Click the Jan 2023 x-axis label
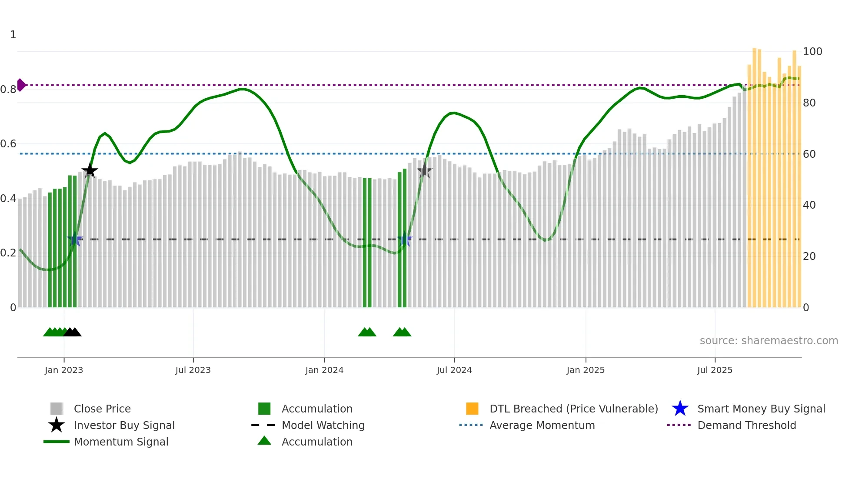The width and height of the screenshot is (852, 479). pos(63,370)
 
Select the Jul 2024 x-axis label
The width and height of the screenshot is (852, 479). pos(454,370)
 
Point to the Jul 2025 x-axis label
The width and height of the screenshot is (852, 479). pos(715,370)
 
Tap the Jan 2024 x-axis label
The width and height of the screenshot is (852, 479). pos(324,370)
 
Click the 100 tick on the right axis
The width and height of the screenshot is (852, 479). pos(812,52)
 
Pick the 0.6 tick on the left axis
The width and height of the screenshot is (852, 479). pos(8,144)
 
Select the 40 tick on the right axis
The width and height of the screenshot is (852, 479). pos(809,205)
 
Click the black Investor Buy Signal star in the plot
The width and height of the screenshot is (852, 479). pos(90,170)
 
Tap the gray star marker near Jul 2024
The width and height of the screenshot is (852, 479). pos(424,171)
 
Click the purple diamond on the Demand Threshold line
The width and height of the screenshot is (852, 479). pos(21,85)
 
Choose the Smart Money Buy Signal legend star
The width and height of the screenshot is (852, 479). pos(680,409)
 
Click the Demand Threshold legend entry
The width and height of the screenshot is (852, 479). pos(746,425)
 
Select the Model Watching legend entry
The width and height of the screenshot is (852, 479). pos(323,425)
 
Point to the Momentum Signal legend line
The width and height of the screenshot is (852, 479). pos(57,442)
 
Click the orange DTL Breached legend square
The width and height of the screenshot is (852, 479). pos(472,409)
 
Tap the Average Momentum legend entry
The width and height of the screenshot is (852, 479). pos(542,425)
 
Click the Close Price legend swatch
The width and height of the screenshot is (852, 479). pos(57,409)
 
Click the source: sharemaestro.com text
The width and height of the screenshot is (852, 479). pos(769,341)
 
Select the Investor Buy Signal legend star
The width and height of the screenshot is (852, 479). pos(57,425)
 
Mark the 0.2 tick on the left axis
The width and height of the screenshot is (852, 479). pos(8,253)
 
